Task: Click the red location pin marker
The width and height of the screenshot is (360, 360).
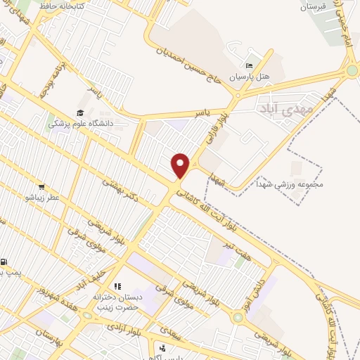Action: click(x=180, y=165)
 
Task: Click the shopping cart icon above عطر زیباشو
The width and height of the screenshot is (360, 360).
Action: click(x=41, y=188)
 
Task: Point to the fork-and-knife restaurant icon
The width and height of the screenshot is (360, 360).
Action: click(x=117, y=287)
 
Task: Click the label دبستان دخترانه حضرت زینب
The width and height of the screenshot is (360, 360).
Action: click(x=118, y=302)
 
